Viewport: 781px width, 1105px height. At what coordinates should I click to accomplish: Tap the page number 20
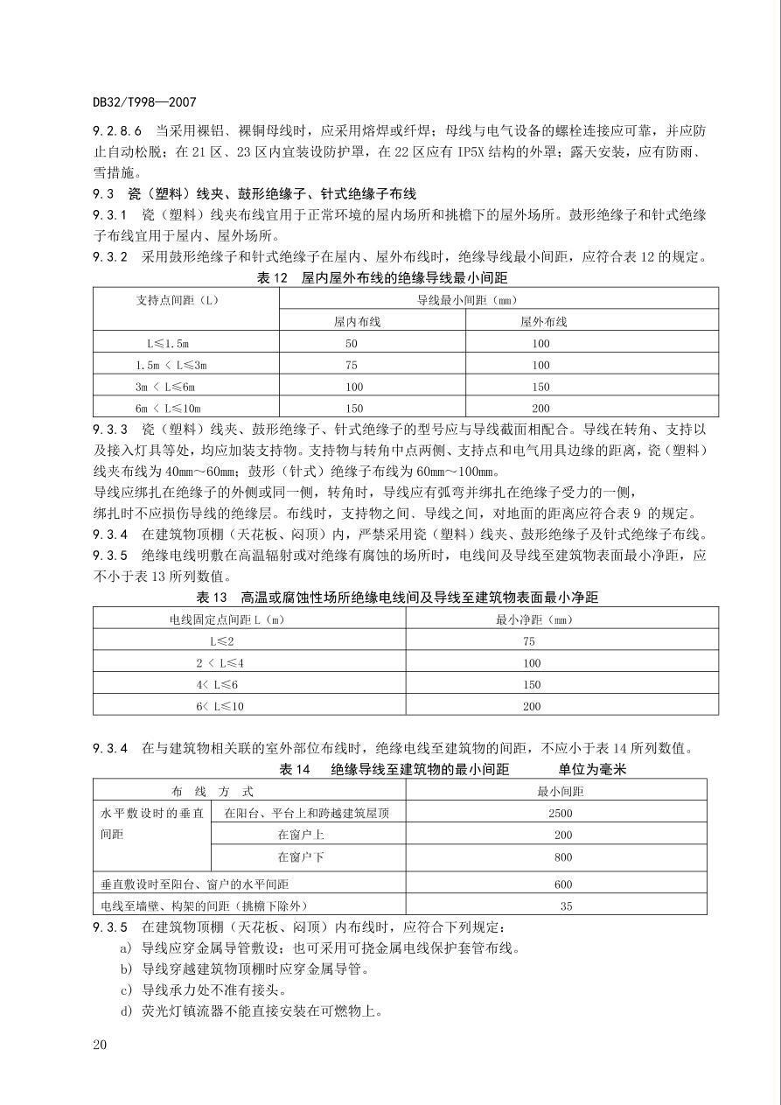tap(100, 1044)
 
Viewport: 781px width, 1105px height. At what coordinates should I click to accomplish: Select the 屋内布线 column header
tap(357, 321)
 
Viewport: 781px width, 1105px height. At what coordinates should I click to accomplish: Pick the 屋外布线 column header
tap(543, 321)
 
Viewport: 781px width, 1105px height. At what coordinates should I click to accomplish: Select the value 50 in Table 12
tap(352, 344)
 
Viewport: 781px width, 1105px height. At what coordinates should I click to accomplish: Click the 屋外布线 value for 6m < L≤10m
tap(540, 408)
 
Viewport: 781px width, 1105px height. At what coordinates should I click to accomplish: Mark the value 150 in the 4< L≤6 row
tap(532, 684)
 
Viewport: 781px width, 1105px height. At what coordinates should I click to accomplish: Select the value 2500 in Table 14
tap(560, 813)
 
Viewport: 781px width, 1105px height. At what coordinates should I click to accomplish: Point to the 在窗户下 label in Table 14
tap(301, 857)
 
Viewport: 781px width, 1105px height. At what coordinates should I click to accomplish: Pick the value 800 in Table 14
tap(563, 857)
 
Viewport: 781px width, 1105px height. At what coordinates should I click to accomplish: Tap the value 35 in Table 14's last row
tap(566, 906)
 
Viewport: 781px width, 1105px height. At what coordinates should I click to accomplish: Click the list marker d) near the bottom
tap(127, 1011)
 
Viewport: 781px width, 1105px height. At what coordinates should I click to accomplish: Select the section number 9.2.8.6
tap(118, 130)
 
